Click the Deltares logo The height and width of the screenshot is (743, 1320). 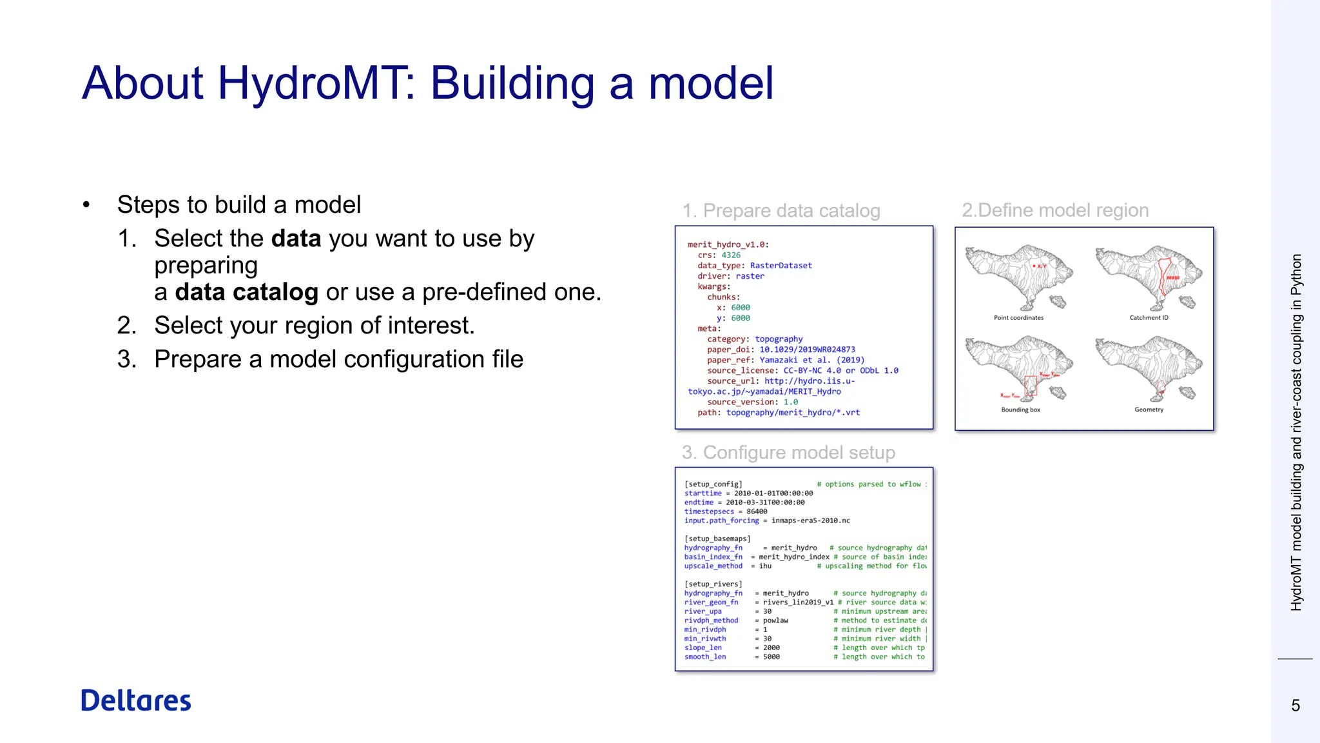(x=136, y=700)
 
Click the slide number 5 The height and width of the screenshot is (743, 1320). (x=1296, y=706)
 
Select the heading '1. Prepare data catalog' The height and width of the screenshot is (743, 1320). (x=781, y=210)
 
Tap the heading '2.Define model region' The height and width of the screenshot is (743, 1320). (x=1055, y=210)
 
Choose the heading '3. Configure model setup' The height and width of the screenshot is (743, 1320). (x=788, y=452)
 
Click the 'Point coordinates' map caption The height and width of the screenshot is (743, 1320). (x=1018, y=317)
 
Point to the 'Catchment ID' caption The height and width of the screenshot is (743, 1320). (x=1149, y=317)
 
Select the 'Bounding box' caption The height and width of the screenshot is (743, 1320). (x=1020, y=410)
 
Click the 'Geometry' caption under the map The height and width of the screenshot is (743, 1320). (x=1149, y=410)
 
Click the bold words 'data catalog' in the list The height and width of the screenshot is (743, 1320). (x=246, y=292)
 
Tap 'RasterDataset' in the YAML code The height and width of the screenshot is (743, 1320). (x=781, y=266)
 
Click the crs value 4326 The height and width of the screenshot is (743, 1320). (x=731, y=255)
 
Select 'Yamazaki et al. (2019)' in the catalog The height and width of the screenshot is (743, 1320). (x=811, y=360)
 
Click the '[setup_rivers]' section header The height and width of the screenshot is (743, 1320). (x=713, y=584)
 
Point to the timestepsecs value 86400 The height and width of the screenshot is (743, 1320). (x=757, y=511)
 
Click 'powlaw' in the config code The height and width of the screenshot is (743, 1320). (x=775, y=620)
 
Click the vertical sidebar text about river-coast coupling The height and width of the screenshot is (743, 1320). (x=1296, y=432)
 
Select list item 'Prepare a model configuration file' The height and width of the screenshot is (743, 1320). (x=338, y=359)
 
